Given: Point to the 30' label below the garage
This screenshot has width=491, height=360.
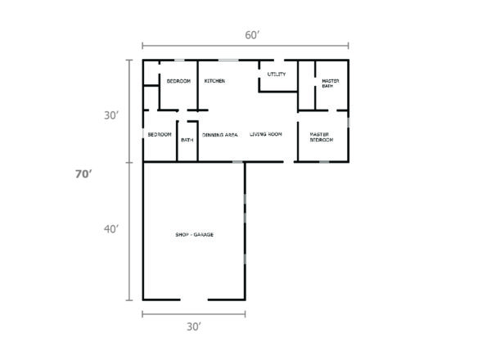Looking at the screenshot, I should coord(194,326).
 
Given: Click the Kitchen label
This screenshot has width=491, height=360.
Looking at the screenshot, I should coord(215,82).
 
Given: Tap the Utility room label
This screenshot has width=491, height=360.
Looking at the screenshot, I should coord(277,74).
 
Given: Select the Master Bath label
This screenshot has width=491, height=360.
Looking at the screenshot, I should coord(331,83).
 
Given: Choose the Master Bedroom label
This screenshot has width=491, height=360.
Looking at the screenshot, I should coord(321,137).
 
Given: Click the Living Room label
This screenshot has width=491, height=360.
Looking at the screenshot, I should coord(266,134).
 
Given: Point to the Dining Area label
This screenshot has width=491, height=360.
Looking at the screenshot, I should coord(220,134).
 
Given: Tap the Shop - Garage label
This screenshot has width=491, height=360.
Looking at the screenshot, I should coord(194,235).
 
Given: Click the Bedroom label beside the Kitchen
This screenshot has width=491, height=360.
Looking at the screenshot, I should coord(179,82).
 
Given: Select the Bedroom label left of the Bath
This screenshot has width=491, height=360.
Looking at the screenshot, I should coord(160,134).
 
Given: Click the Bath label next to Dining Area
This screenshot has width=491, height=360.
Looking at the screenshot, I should coord(187,140).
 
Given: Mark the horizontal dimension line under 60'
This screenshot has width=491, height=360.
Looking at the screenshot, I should coord(245,47).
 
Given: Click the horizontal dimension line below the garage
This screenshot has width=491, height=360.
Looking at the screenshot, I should coord(194,313).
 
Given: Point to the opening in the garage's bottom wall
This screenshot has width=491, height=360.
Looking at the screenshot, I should coord(194,299).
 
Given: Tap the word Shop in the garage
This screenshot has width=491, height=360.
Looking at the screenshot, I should coord(182,235).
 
